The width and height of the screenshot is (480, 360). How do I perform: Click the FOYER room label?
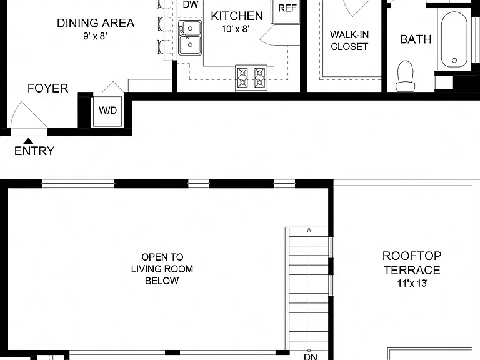47,88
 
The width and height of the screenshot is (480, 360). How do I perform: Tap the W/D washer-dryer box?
107,111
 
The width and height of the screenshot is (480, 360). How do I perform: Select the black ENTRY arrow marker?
29,141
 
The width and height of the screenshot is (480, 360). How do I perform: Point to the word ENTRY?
34,151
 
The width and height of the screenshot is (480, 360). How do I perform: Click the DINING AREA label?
96,23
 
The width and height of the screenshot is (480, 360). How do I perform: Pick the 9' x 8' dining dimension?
95,36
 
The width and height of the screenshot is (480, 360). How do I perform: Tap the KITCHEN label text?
237,16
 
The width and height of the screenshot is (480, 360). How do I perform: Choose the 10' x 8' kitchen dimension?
236,29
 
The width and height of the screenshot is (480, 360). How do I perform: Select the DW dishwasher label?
191,4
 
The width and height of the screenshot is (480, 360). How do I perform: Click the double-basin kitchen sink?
190,37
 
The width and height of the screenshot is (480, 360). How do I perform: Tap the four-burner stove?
251,77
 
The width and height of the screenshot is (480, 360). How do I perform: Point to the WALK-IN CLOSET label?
349,41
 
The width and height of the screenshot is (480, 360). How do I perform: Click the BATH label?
416,39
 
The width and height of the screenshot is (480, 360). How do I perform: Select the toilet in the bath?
405,76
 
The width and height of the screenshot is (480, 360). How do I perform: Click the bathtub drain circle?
454,60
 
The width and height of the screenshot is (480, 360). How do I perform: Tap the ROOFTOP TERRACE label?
412,263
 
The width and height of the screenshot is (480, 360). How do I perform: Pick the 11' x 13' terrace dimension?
412,283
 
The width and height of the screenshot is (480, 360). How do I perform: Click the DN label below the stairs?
311,356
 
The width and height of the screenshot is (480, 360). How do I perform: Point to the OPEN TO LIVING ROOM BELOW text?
162,269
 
